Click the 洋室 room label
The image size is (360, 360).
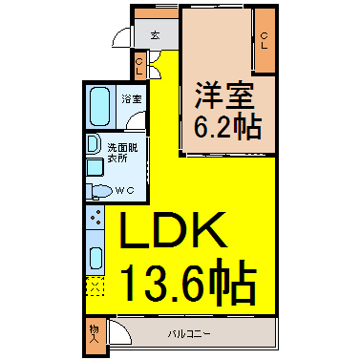[x=224, y=95]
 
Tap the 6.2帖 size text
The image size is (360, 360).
[x=228, y=127]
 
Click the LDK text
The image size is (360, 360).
[x=173, y=230]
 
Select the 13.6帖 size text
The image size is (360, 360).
[x=189, y=280]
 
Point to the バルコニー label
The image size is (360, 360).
[x=189, y=334]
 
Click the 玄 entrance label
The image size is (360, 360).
[x=155, y=35]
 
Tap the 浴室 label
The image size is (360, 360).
[x=132, y=99]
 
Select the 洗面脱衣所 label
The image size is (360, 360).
[x=122, y=153]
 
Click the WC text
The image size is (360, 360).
[x=124, y=190]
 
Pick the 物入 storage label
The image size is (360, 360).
[x=95, y=334]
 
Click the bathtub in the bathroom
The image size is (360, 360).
[x=99, y=106]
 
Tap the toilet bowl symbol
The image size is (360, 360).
[x=100, y=191]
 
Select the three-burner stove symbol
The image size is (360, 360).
[x=95, y=217]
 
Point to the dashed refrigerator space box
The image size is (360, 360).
[x=95, y=286]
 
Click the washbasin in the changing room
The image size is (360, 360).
[x=93, y=143]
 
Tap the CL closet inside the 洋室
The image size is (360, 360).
[x=265, y=40]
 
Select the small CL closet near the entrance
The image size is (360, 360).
[x=139, y=66]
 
